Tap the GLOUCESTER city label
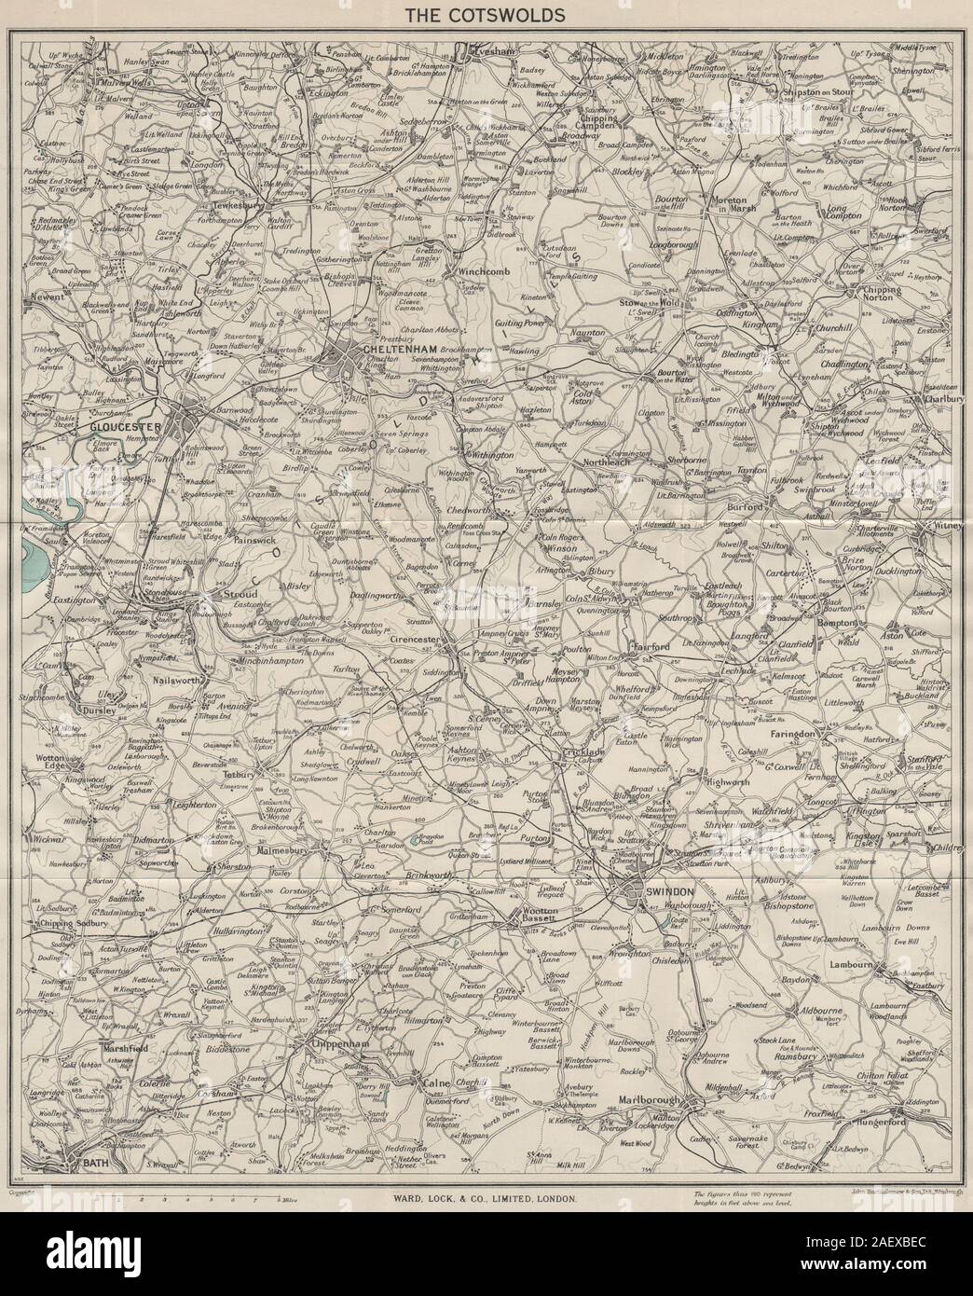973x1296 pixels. tap(130, 427)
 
